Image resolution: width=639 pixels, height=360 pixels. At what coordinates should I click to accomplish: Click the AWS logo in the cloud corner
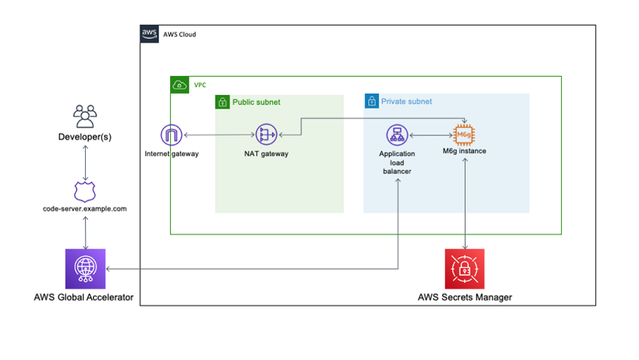pyautogui.click(x=149, y=34)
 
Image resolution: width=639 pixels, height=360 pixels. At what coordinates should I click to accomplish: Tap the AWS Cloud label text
pyautogui.click(x=179, y=34)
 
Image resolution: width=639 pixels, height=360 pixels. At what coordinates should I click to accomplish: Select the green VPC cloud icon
pyautogui.click(x=179, y=85)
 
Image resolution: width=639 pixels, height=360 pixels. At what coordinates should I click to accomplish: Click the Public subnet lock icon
pyautogui.click(x=222, y=102)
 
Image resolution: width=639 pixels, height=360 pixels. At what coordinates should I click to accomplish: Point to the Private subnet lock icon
pyautogui.click(x=371, y=101)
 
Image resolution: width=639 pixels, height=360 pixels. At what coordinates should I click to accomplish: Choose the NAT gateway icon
pyautogui.click(x=266, y=135)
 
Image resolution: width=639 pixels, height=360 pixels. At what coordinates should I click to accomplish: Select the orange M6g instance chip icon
pyautogui.click(x=464, y=135)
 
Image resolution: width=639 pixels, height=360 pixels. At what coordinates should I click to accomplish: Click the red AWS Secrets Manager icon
pyautogui.click(x=464, y=269)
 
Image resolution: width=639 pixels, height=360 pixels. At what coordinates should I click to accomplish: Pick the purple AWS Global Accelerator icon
pyautogui.click(x=85, y=269)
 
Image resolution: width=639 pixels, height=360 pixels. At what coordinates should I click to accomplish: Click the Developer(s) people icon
pyautogui.click(x=85, y=117)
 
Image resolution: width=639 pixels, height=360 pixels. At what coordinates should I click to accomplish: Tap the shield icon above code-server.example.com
pyautogui.click(x=85, y=191)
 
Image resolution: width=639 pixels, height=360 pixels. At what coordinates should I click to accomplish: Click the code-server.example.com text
pyautogui.click(x=85, y=209)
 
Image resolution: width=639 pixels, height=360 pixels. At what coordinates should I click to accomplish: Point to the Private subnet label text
pyautogui.click(x=407, y=101)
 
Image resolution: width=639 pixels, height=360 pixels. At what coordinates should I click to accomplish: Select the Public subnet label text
pyautogui.click(x=256, y=102)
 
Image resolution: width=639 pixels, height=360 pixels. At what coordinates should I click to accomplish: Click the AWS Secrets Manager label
pyautogui.click(x=464, y=297)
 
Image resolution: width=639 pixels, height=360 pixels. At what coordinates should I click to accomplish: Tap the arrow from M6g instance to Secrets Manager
pyautogui.click(x=464, y=203)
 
